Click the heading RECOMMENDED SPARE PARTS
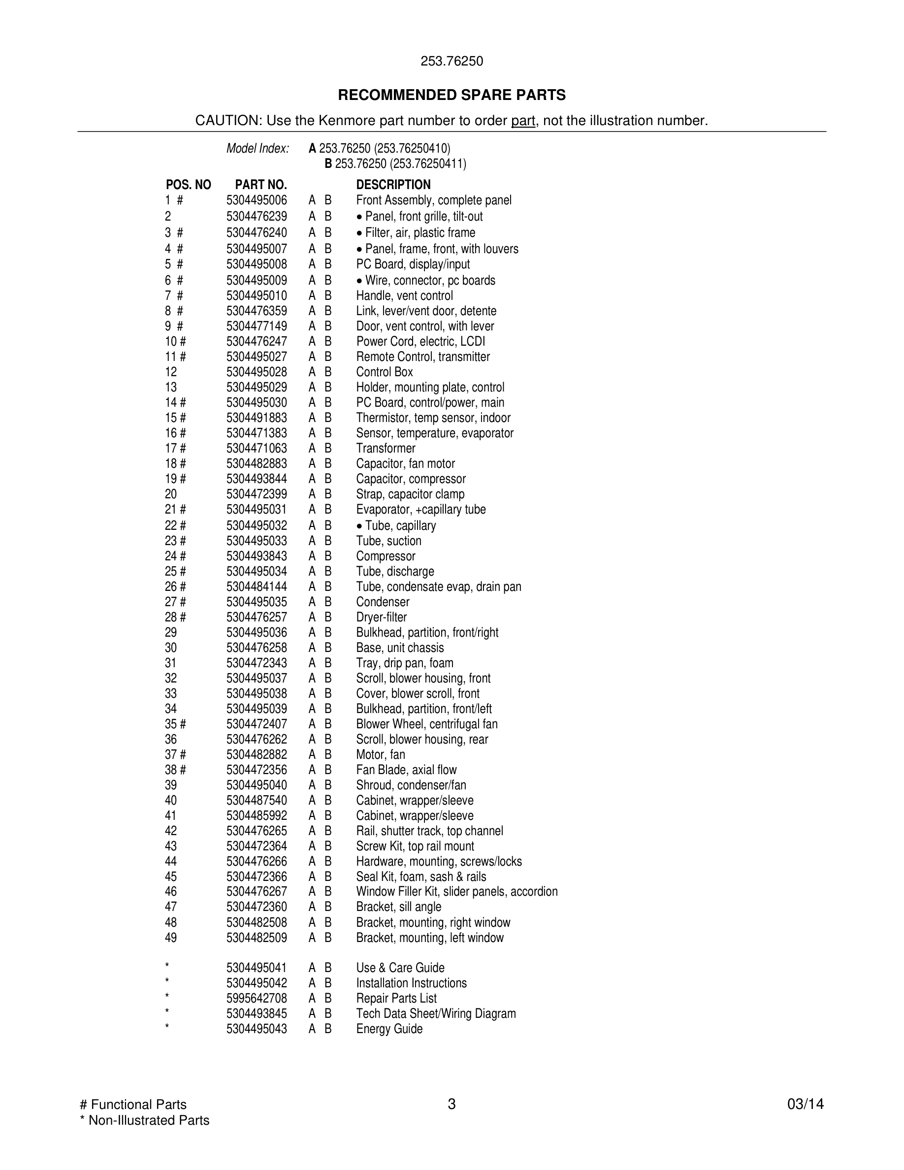[452, 96]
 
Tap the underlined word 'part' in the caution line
[523, 121]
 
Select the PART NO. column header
[261, 185]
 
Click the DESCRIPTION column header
[393, 185]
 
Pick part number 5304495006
[257, 200]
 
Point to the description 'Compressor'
[386, 556]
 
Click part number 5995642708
[257, 998]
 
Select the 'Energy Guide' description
[389, 1029]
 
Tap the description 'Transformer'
[386, 449]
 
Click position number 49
[171, 938]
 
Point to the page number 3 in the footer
[452, 1104]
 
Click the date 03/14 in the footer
[806, 1104]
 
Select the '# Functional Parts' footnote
[133, 1104]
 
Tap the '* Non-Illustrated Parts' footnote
[145, 1120]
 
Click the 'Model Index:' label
[258, 148]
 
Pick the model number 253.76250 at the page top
[452, 61]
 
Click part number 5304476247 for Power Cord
[257, 341]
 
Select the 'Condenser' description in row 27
[383, 602]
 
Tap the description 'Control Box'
[385, 372]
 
